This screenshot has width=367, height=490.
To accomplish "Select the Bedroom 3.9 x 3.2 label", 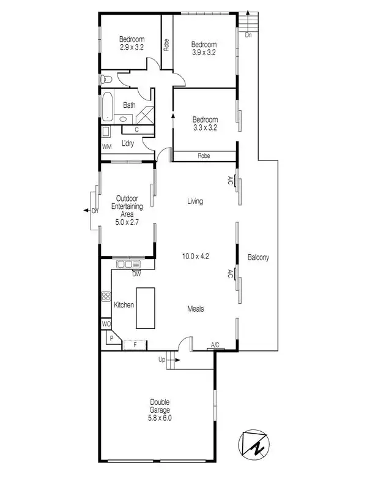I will click(x=204, y=48).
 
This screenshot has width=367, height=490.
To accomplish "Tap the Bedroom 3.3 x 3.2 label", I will click(x=205, y=124).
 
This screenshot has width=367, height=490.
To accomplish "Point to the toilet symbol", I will click(x=106, y=79).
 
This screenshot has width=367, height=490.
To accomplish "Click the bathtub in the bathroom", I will click(x=107, y=105).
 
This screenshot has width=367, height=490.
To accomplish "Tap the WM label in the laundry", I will click(x=106, y=146).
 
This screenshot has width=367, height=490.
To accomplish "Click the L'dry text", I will click(x=127, y=143).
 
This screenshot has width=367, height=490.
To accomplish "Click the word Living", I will click(x=195, y=202).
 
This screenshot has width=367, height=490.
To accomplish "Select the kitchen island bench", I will click(x=144, y=309).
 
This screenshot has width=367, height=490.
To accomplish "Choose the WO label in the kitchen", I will click(x=106, y=324).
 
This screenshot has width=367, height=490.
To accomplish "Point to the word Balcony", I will click(x=258, y=258).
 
